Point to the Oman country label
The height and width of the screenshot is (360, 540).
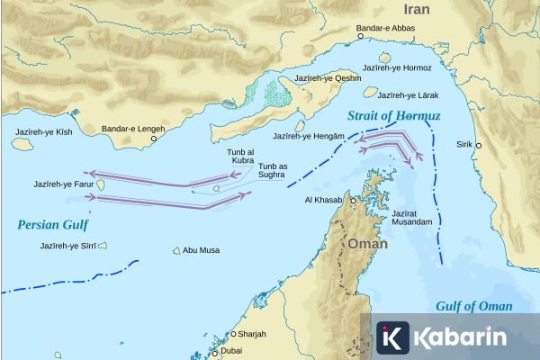click(367, 243)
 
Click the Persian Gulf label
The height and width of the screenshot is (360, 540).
click(49, 224)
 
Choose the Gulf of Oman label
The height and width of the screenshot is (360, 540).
click(473, 306)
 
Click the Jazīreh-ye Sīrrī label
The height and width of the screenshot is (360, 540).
click(65, 245)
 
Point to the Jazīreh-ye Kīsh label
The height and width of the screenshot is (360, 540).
click(42, 131)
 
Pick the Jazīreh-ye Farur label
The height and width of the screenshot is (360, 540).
click(63, 184)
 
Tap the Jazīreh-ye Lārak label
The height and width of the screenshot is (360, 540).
click(409, 94)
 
